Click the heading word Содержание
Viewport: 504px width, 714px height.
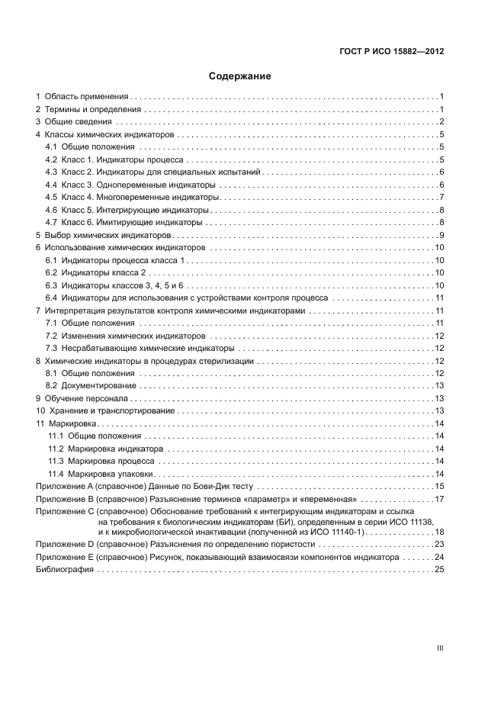click(240, 76)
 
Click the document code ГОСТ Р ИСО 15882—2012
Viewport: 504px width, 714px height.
click(392, 51)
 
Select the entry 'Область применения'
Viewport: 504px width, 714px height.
click(86, 97)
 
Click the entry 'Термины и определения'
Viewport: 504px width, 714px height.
click(92, 110)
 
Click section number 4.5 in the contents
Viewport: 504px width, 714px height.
click(52, 197)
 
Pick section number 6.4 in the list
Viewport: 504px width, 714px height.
click(52, 297)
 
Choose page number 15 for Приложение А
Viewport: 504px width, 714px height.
click(439, 486)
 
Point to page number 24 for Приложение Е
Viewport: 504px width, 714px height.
click(439, 558)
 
